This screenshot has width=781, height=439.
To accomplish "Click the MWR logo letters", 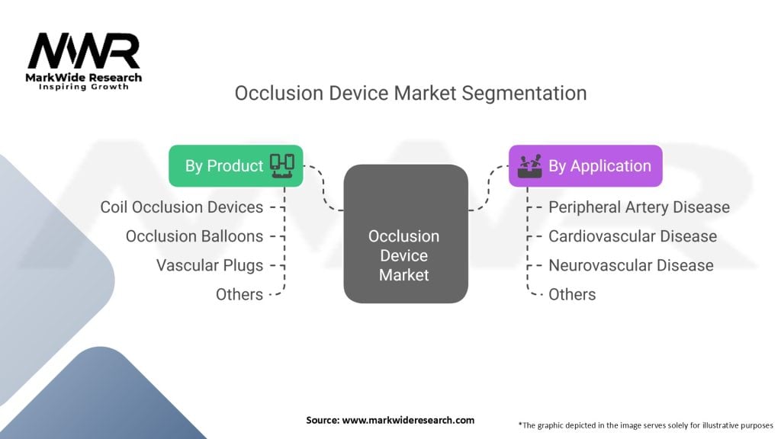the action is [84, 51].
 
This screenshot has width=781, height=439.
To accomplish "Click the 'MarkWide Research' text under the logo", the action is [84, 78].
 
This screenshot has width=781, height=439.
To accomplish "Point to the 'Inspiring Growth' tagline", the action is [84, 87].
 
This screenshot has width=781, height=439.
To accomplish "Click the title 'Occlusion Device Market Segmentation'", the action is [410, 93].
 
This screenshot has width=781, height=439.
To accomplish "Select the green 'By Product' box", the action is [236, 165].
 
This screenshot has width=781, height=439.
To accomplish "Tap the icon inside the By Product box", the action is [282, 165].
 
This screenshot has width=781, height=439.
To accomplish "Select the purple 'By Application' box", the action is [585, 165].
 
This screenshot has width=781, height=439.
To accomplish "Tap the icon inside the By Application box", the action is [529, 165].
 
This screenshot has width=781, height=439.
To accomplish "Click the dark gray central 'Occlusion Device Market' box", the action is [406, 233].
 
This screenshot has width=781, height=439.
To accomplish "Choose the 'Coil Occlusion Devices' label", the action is [182, 207].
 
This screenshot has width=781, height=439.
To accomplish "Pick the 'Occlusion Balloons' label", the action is [194, 236].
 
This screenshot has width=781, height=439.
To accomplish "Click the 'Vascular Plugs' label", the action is [210, 265].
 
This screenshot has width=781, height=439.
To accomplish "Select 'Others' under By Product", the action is [239, 295].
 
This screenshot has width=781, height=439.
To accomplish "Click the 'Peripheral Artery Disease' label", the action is [639, 207].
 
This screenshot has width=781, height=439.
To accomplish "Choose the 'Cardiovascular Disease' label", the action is [632, 236].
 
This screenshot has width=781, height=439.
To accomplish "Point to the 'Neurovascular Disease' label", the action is [631, 265].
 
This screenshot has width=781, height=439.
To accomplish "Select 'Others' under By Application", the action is [572, 295].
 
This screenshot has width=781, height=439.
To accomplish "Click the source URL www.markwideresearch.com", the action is [408, 420].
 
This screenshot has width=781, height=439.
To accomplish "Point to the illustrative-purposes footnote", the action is [645, 425].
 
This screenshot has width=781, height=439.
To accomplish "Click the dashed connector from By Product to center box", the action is [323, 188].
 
